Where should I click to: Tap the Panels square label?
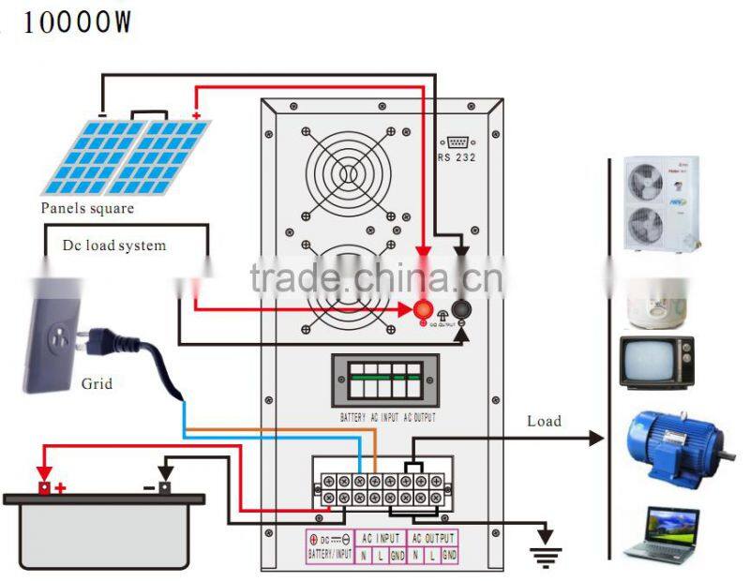86,208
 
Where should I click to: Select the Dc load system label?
114,246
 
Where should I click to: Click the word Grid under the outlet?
97,383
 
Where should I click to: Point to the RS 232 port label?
457,157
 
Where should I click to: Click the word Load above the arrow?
544,421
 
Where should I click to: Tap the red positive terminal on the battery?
44,486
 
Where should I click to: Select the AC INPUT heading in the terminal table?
382,539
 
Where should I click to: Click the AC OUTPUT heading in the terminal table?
434,539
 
